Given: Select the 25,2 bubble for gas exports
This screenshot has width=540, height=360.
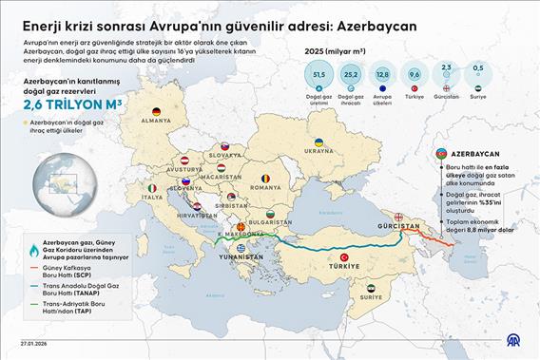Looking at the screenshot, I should [x=351, y=75].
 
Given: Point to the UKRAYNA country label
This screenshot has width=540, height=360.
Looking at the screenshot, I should [x=318, y=150].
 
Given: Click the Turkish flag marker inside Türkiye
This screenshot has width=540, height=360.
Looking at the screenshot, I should [x=340, y=257].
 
